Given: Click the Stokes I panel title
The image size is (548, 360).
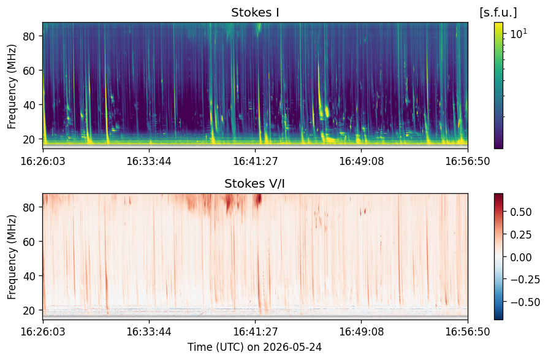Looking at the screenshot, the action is tap(255, 13).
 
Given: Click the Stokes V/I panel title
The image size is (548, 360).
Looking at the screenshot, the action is tap(254, 183).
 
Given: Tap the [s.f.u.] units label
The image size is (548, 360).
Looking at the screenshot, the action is tap(498, 13).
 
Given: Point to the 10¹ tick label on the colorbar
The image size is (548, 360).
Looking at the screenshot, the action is tap(519, 34).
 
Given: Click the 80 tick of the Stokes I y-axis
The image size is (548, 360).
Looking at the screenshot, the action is tap(29, 36).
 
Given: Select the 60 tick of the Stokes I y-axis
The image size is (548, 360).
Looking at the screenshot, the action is tap(29, 71).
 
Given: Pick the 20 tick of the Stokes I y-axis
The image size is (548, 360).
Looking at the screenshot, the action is tap(29, 139).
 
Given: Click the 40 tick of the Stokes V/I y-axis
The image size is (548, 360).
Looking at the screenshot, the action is tap(29, 276).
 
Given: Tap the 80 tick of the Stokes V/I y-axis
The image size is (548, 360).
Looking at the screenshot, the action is tap(29, 207).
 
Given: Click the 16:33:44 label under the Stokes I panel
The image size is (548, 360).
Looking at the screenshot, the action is tap(149, 161).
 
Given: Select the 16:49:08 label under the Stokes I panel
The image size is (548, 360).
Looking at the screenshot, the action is tap(362, 161).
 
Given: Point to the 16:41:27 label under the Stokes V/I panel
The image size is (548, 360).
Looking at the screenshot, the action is tap(255, 331).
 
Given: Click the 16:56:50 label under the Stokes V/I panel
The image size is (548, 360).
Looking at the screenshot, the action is tap(468, 331).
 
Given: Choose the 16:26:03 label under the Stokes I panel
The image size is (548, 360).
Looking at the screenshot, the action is tap(43, 161).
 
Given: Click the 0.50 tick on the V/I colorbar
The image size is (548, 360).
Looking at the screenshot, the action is tap(521, 212).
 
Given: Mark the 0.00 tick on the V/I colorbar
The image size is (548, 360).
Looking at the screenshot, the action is tap(521, 257).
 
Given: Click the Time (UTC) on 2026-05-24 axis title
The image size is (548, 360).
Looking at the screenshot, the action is tap(254, 347).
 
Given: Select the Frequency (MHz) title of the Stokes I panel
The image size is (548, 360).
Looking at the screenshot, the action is tap(12, 86).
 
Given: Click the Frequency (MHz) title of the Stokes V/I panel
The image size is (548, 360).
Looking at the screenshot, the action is tap(12, 257).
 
